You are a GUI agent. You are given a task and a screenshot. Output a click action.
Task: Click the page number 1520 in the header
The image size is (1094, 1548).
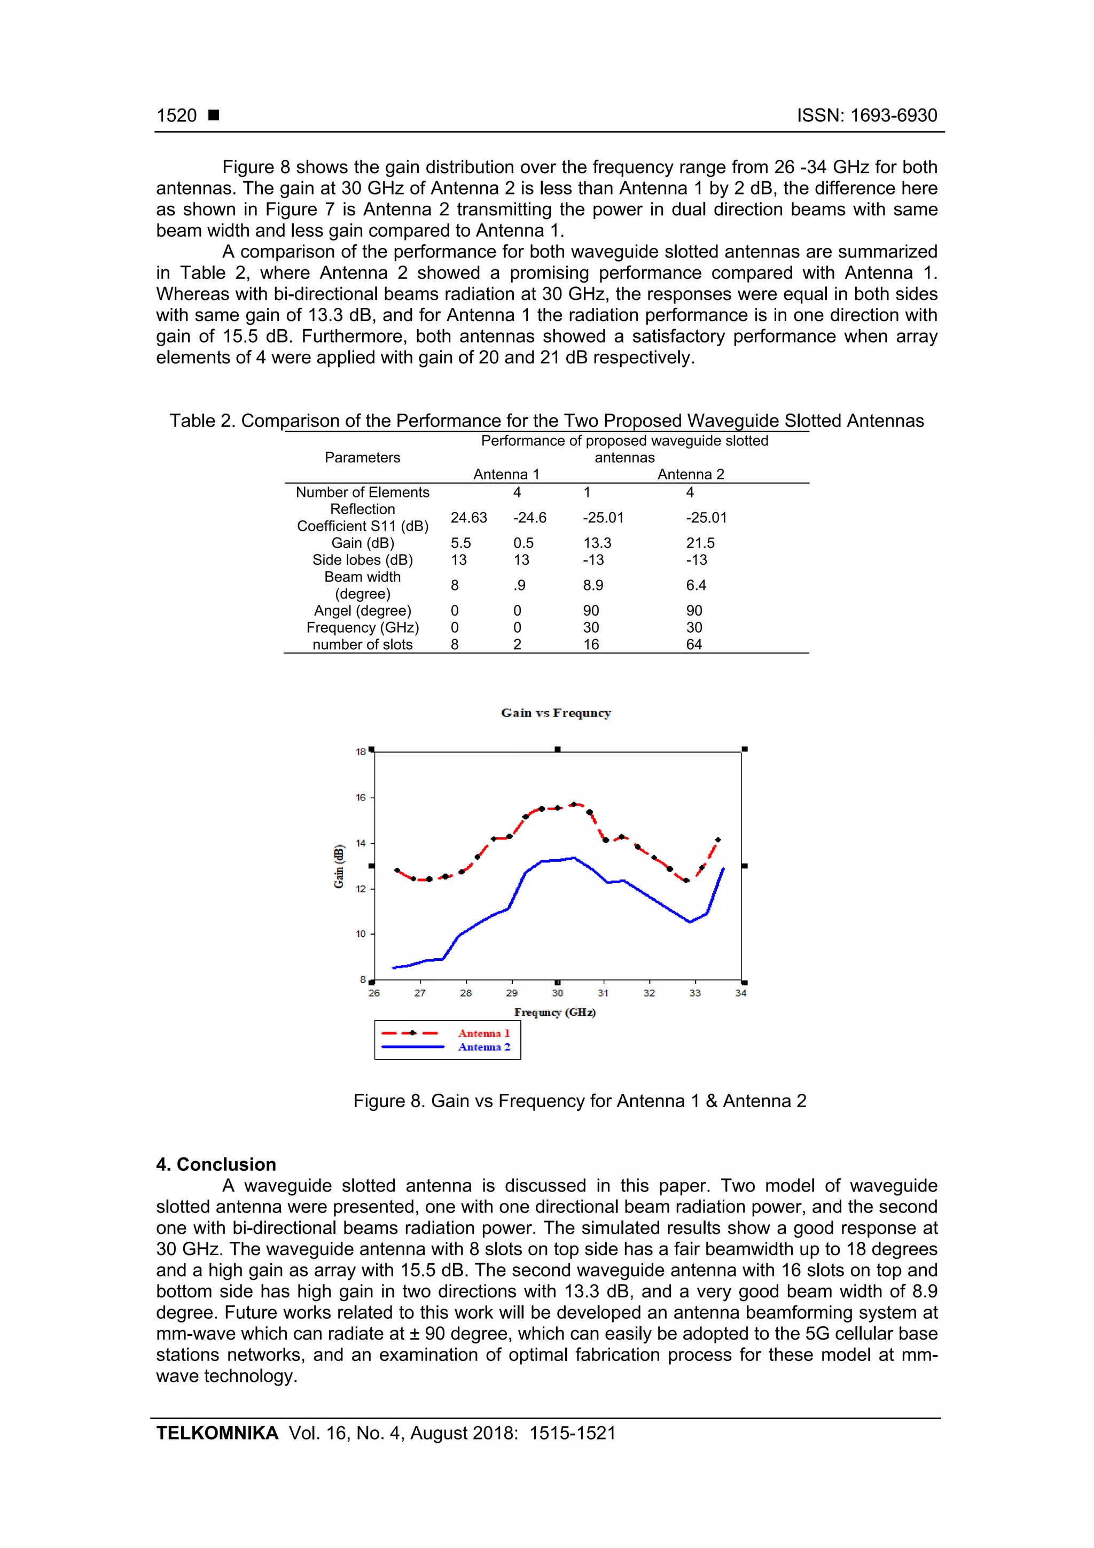tap(177, 116)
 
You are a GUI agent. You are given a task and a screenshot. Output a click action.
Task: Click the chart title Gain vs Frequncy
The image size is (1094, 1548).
tap(556, 713)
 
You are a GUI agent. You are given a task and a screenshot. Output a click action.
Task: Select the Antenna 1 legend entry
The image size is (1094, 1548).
tap(483, 1033)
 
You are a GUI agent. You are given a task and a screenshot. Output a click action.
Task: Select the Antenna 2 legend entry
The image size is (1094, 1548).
tap(483, 1047)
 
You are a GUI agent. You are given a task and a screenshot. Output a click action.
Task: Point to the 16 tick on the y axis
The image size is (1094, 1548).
tap(361, 798)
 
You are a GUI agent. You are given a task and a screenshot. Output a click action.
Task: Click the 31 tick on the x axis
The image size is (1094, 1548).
tap(603, 993)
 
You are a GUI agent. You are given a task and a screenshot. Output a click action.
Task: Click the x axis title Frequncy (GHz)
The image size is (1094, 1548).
tap(555, 1012)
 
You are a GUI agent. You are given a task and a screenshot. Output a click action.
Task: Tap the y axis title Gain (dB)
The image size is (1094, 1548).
tap(339, 866)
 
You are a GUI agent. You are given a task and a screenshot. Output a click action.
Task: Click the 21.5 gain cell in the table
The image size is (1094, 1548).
tap(700, 543)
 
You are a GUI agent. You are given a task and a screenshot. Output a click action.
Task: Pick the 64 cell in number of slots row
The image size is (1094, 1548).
tap(693, 644)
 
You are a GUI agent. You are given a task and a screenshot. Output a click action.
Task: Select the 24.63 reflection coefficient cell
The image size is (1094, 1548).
tap(468, 518)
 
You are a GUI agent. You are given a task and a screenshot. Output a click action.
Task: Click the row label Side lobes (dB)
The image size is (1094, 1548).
tap(363, 561)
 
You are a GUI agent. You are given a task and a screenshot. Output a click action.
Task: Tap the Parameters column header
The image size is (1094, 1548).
tap(362, 458)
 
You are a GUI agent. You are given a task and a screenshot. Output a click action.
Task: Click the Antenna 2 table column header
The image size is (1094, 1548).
tap(690, 474)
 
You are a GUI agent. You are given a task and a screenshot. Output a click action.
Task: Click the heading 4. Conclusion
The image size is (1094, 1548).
tap(216, 1164)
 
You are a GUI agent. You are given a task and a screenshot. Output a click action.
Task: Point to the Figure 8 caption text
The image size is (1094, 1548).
tap(580, 1101)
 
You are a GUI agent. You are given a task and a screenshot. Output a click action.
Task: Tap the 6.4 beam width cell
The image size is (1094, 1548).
tap(696, 586)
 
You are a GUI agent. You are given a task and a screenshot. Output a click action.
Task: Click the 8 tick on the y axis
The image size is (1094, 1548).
tap(363, 979)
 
